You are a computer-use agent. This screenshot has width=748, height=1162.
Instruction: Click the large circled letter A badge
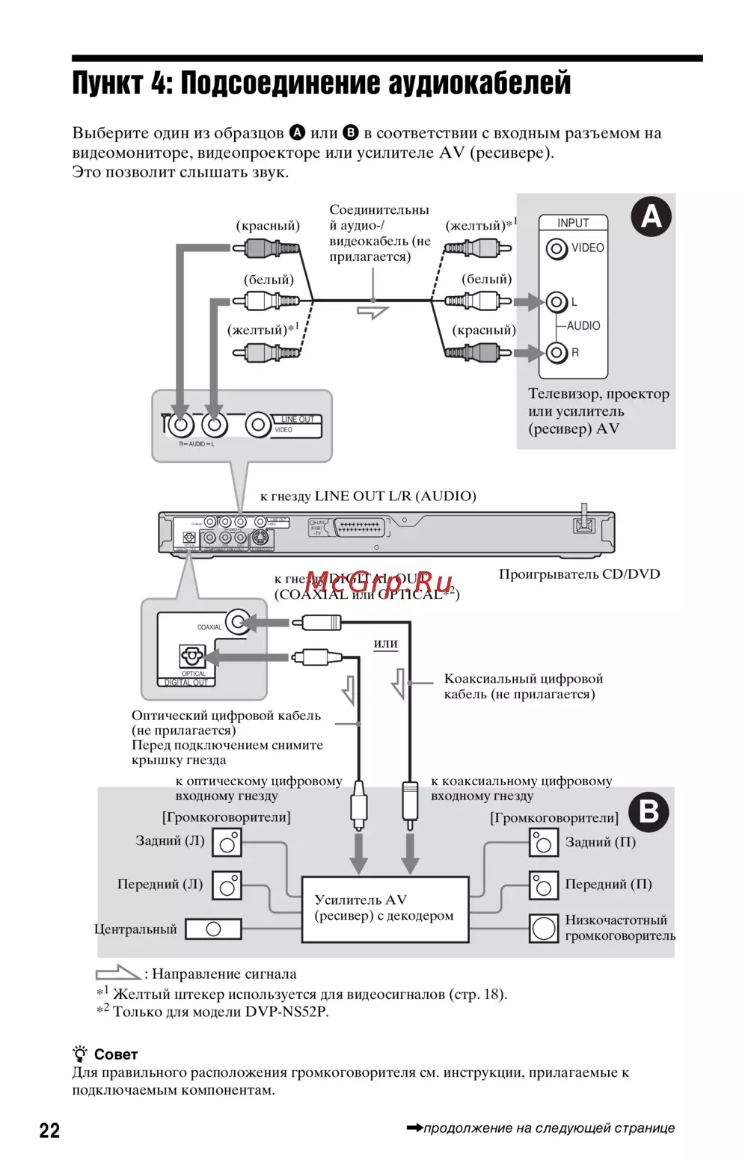click(651, 217)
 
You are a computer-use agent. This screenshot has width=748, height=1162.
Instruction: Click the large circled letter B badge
click(649, 812)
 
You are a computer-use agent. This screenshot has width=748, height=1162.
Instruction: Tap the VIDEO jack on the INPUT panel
click(557, 248)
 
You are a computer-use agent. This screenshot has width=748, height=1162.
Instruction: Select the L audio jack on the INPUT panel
click(556, 302)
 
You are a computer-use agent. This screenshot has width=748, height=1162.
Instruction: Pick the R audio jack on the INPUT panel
click(556, 352)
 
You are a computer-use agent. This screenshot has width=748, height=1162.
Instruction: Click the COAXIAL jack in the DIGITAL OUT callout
click(238, 622)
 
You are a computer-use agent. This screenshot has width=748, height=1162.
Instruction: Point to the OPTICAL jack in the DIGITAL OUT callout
click(192, 657)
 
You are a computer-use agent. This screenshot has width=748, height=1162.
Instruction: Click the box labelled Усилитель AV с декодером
click(384, 909)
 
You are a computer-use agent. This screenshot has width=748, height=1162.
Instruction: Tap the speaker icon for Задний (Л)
click(227, 843)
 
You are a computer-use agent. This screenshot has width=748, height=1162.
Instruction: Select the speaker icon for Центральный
click(213, 929)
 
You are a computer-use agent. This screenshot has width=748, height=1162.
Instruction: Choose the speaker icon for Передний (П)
click(544, 885)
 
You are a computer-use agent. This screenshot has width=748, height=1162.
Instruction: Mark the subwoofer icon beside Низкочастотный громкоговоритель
click(544, 928)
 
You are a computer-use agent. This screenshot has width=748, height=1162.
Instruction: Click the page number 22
click(49, 1130)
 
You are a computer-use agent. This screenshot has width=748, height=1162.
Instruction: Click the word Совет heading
click(116, 1054)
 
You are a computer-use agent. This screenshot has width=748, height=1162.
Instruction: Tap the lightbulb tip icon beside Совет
click(80, 1054)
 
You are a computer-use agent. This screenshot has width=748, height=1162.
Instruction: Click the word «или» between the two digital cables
click(385, 643)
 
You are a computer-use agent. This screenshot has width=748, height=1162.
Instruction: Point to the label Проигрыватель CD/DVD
click(579, 574)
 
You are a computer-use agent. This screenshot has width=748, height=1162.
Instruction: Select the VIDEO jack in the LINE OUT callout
click(258, 425)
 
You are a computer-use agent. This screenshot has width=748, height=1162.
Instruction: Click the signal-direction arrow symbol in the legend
click(117, 973)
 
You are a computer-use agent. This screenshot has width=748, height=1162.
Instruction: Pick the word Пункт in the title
click(107, 83)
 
